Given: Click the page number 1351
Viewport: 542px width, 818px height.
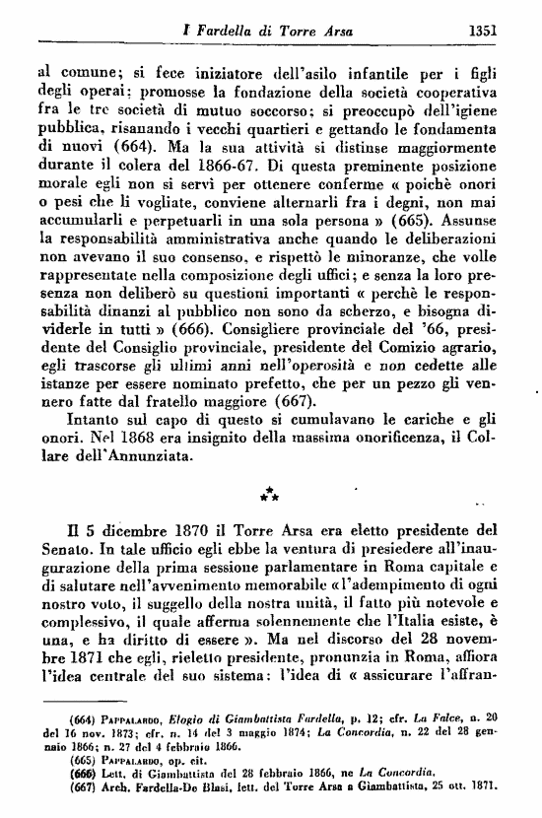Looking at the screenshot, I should click(x=482, y=31).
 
